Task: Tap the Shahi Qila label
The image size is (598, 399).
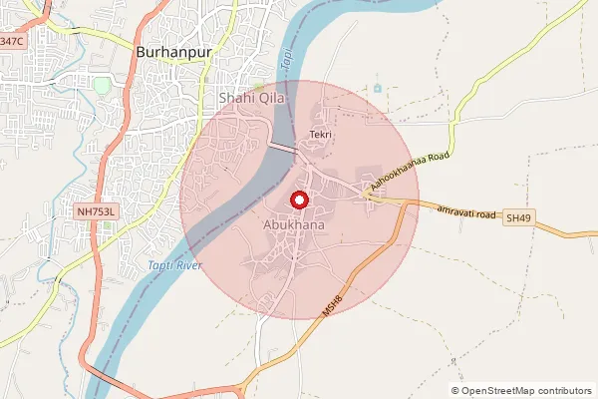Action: click(252, 99)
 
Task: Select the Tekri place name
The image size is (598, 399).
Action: click(320, 135)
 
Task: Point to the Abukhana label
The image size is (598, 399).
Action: click(295, 225)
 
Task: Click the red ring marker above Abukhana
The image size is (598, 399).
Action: click(297, 200)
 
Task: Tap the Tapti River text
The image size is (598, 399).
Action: click(174, 264)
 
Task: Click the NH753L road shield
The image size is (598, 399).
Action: click(97, 211)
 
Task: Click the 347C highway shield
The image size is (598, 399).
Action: click(10, 42)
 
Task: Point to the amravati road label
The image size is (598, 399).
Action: click(464, 211)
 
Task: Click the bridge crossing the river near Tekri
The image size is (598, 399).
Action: click(281, 148)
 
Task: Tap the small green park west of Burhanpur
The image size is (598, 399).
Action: click(102, 85)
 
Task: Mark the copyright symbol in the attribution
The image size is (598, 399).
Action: click(455, 391)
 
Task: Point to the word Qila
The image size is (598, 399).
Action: click(271, 99)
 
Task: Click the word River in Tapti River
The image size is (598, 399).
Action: click(188, 264)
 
